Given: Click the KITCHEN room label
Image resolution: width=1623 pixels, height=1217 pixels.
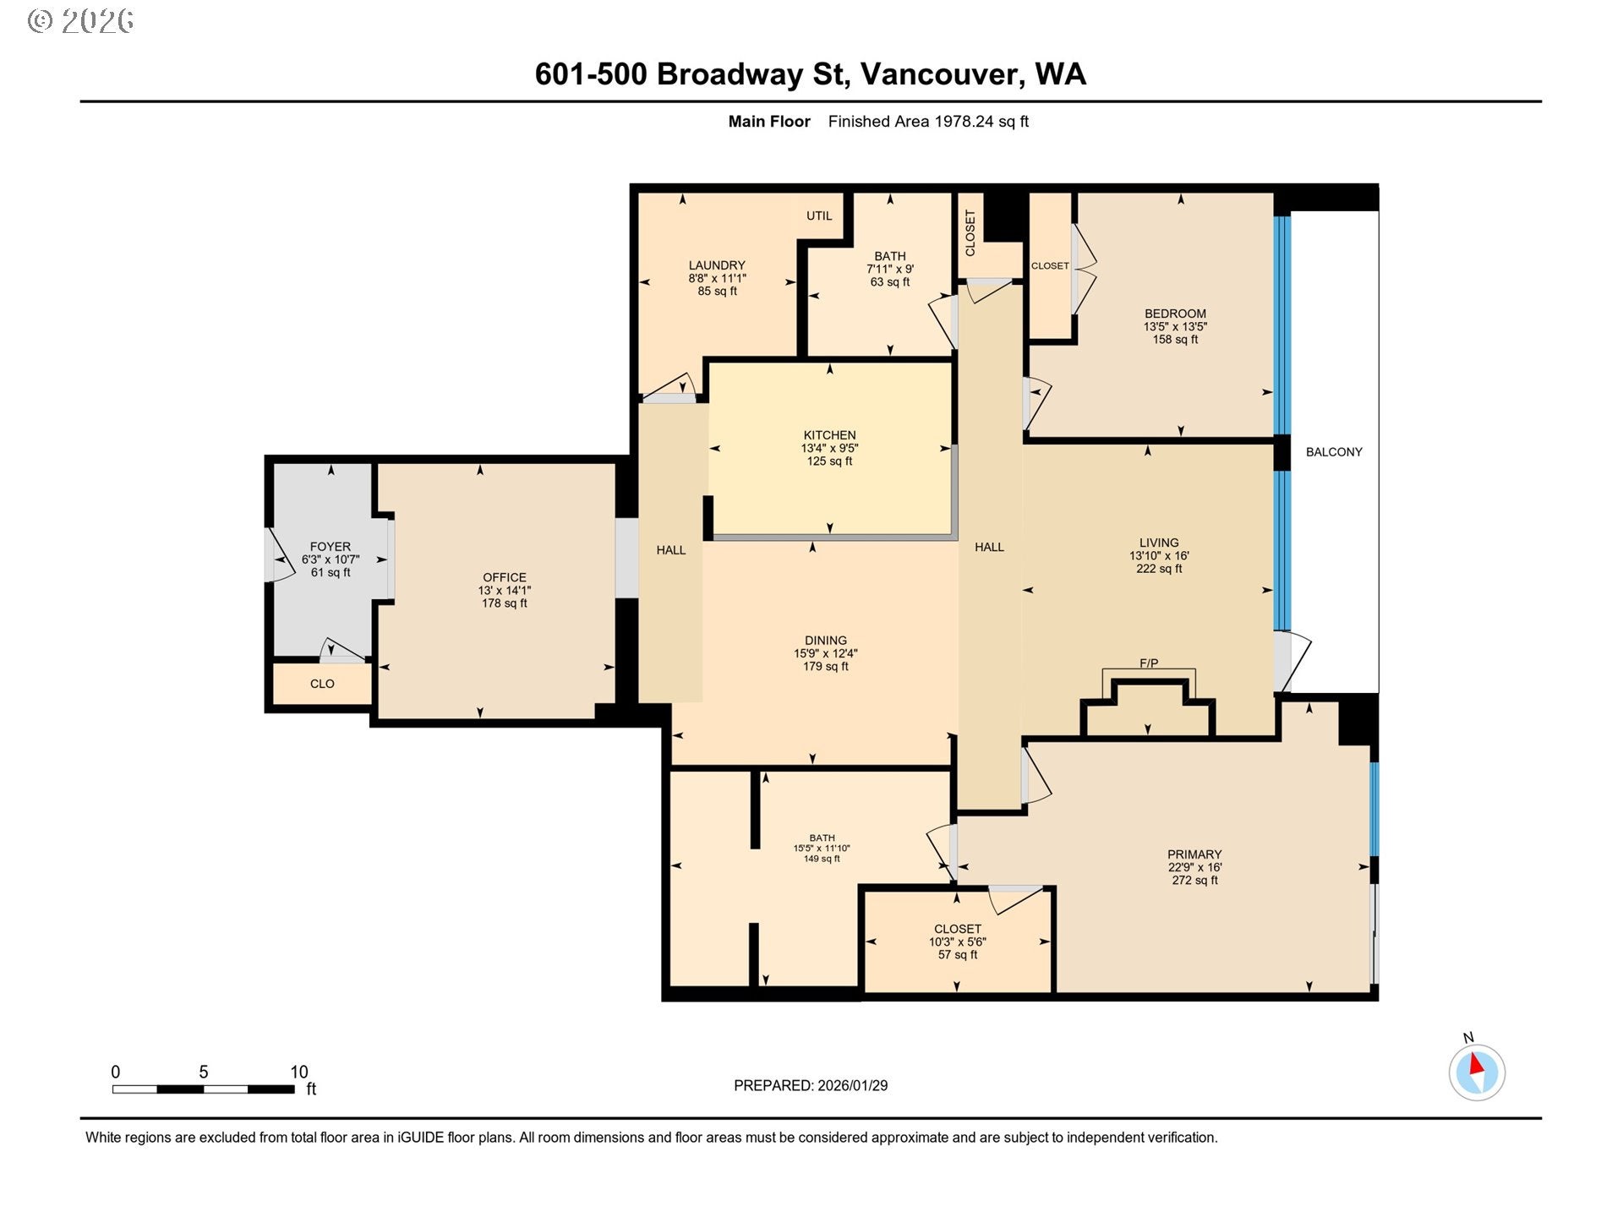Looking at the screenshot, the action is (x=829, y=435).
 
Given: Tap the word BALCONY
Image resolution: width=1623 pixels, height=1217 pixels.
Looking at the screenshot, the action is (x=1334, y=452).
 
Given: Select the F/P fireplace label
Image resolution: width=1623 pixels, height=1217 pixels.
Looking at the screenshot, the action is (x=1149, y=663).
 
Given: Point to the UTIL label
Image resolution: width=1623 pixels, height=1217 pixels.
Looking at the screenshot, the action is (x=819, y=216).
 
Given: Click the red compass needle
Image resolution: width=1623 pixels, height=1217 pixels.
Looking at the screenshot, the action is (x=1477, y=1064).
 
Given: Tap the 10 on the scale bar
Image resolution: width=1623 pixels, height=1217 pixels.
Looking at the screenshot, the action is (x=299, y=1072).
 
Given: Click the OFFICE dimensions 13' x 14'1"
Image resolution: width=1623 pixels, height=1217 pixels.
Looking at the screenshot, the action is (x=505, y=591).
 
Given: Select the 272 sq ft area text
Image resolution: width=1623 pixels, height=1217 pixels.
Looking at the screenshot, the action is (x=1194, y=880).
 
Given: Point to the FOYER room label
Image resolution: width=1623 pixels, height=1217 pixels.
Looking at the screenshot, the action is (x=330, y=547).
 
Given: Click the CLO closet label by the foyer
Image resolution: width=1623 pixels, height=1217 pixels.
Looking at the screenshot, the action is (x=322, y=684).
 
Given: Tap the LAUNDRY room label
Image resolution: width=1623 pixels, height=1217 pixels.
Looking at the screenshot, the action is (x=717, y=265).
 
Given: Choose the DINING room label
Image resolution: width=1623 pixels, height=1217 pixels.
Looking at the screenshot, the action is (x=826, y=641).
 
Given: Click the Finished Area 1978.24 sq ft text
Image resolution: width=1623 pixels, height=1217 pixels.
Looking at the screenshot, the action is (x=928, y=122).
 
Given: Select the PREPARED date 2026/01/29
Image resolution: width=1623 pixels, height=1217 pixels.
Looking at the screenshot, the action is (x=852, y=1086).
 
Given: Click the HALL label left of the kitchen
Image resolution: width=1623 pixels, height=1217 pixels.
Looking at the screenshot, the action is (x=671, y=550).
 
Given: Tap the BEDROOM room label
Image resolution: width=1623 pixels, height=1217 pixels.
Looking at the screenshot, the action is (x=1175, y=314).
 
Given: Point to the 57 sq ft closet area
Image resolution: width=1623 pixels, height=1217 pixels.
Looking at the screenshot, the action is (x=958, y=954).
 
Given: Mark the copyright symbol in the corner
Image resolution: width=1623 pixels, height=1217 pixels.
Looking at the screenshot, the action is (x=41, y=21).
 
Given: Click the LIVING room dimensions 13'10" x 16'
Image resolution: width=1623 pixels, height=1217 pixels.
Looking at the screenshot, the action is (x=1159, y=556).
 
